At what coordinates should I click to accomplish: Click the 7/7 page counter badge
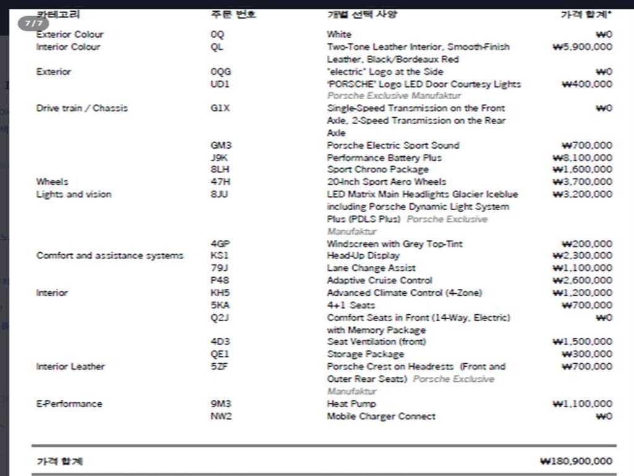[33, 24]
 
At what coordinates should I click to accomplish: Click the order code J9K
[219, 157]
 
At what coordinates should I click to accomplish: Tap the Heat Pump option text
[351, 403]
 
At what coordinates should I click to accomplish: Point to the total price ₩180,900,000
[576, 461]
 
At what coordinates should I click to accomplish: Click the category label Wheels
[52, 182]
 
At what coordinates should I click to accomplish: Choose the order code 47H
[220, 182]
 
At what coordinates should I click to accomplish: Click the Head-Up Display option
[363, 255]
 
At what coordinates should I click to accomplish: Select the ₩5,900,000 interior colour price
[582, 46]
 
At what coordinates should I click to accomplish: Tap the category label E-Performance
[69, 403]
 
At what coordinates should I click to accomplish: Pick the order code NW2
[221, 416]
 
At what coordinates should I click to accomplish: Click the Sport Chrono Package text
[378, 169]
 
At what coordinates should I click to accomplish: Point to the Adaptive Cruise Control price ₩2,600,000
[582, 280]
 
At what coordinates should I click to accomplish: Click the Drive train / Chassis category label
[82, 108]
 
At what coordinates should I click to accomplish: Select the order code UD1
[220, 84]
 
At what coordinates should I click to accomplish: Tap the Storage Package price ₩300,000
[586, 354]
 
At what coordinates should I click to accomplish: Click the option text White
[339, 34]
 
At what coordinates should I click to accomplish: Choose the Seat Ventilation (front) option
[376, 342]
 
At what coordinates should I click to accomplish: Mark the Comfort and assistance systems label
[110, 255]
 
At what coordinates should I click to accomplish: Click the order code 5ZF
[219, 366]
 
